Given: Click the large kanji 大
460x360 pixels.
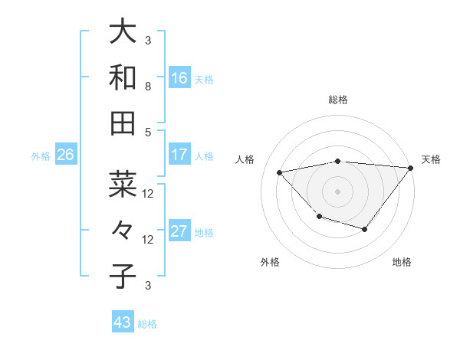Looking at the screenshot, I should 123,32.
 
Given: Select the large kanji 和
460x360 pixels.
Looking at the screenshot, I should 123,77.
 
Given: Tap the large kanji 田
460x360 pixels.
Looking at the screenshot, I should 123,123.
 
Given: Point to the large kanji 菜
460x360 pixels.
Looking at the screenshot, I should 123,185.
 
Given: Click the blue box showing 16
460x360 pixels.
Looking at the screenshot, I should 179,78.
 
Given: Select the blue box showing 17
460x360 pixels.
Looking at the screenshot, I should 179,155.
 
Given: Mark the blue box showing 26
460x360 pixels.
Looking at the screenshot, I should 65,155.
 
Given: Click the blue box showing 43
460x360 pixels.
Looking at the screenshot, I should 123,322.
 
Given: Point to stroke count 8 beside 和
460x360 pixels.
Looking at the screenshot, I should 148,87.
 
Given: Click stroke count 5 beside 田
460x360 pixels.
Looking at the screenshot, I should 148,132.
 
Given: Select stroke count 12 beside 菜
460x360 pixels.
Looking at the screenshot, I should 148,194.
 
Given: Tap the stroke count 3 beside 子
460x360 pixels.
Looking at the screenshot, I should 148,286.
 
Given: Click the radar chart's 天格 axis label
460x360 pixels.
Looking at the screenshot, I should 431,159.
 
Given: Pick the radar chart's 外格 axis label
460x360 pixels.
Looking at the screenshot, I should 270,262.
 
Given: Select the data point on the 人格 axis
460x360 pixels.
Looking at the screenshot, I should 279,172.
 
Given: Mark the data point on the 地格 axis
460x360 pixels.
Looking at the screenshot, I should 365,229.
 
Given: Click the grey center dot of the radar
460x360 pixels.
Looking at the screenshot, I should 337,190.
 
